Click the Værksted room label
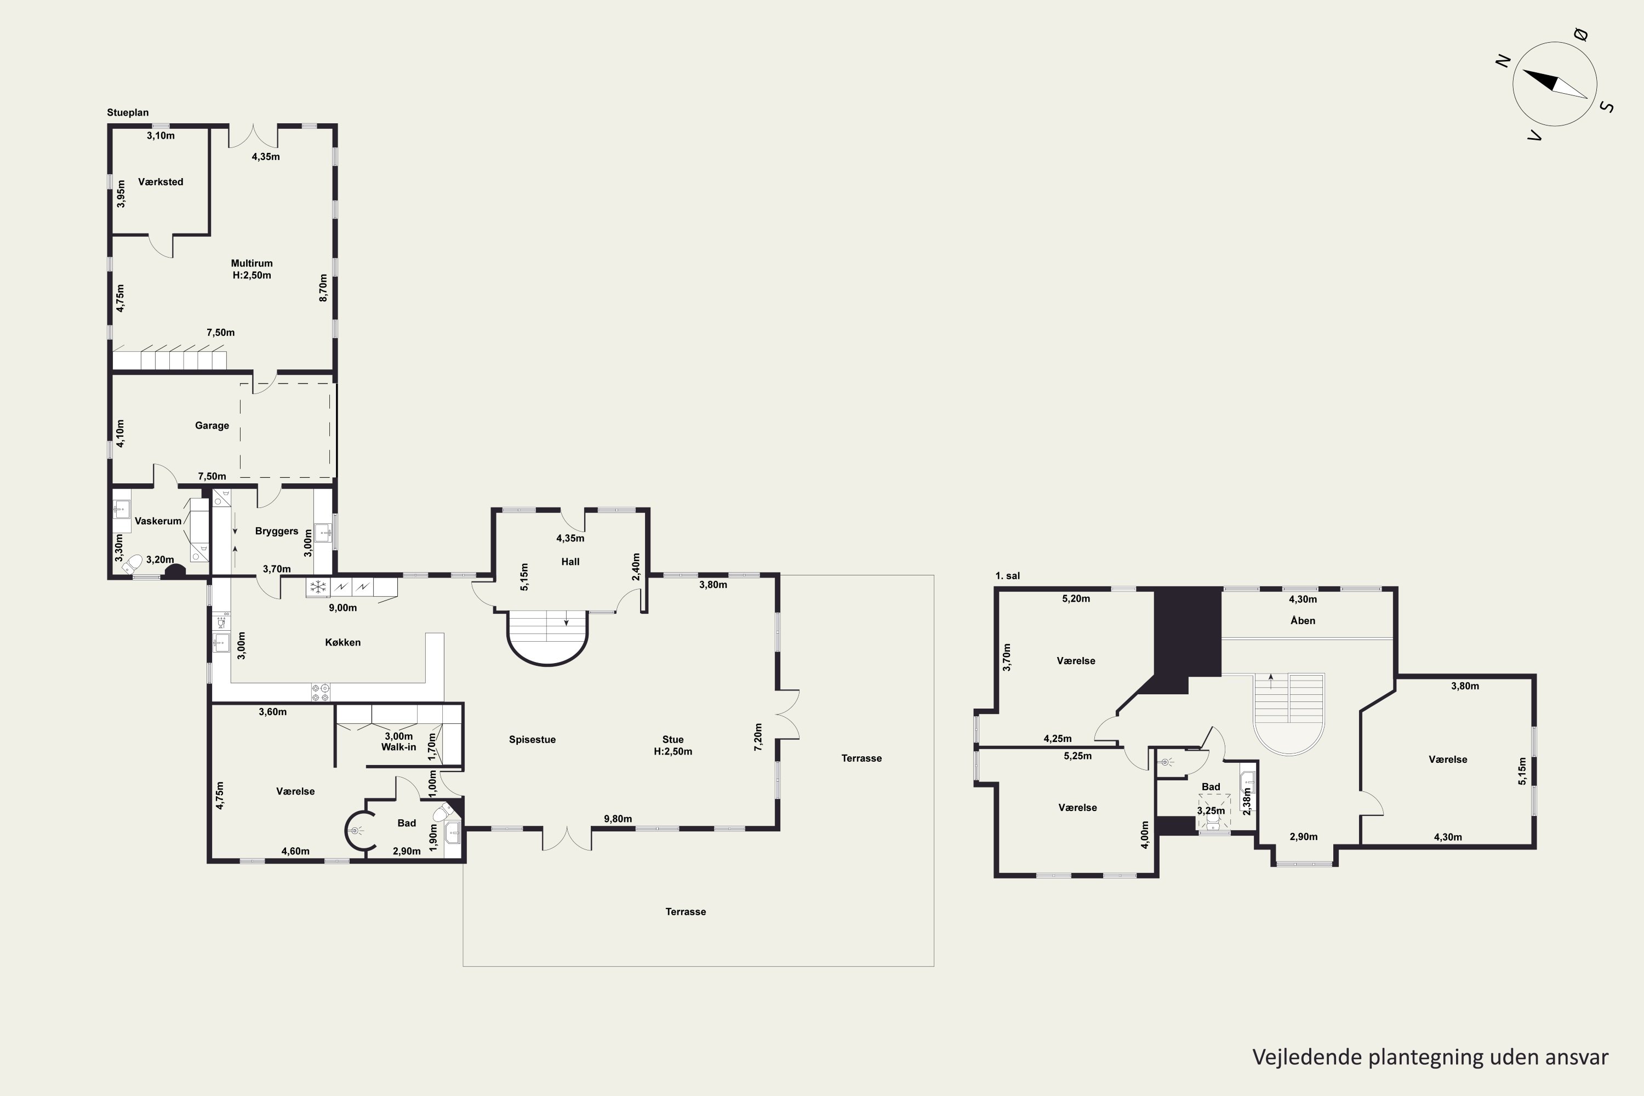161,182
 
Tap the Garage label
212,426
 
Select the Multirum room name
252,264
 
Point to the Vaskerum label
158,521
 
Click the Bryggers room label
277,531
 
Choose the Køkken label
342,642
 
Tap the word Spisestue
532,739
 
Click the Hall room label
570,561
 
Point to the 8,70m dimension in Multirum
323,287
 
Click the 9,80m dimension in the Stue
618,819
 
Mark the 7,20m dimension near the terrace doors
758,738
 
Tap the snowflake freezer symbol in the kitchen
318,587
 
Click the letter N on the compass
1503,61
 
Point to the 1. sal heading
1007,576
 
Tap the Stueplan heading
128,112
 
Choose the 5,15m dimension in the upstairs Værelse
1522,771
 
